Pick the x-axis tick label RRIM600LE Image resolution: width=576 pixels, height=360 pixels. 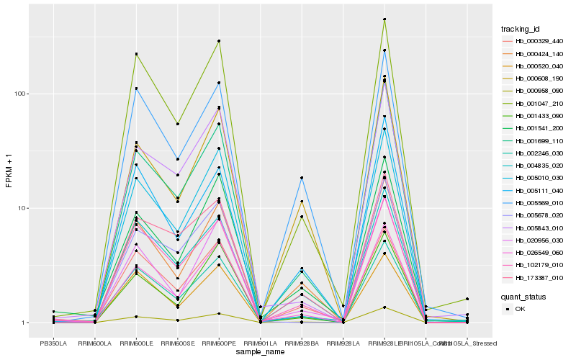point(136,343)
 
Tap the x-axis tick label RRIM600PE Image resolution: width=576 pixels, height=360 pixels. point(219,343)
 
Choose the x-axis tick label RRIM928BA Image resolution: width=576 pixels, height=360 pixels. point(302,343)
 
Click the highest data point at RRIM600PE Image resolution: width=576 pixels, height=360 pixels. point(219,41)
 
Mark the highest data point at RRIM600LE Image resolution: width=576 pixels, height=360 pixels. point(136,54)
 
